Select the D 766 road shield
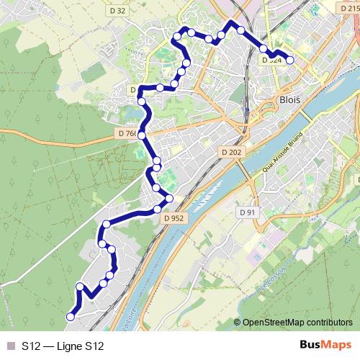tap(127, 134)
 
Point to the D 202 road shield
tap(231, 152)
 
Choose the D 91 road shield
tap(247, 212)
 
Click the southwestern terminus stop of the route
tap(71, 316)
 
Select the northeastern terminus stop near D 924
tap(289, 60)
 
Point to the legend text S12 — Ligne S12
tap(63, 346)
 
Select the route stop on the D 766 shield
tap(142, 135)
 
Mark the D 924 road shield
tap(271, 61)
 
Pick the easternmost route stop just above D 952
tap(170, 198)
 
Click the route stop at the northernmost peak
tap(232, 24)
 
